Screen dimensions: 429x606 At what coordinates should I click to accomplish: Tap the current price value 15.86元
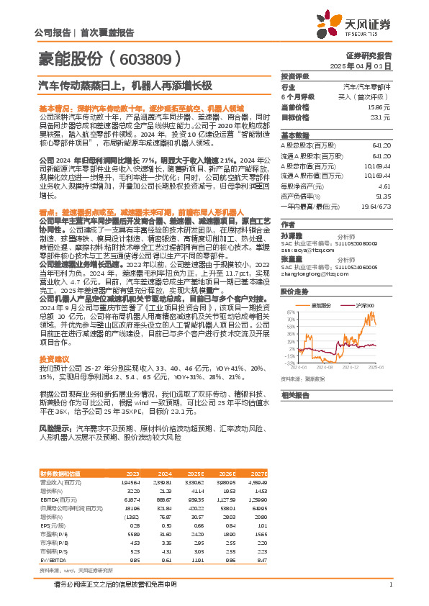(382, 107)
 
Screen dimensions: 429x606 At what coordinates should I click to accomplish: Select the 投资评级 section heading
(294, 76)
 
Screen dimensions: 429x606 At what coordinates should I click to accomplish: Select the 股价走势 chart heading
(294, 271)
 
